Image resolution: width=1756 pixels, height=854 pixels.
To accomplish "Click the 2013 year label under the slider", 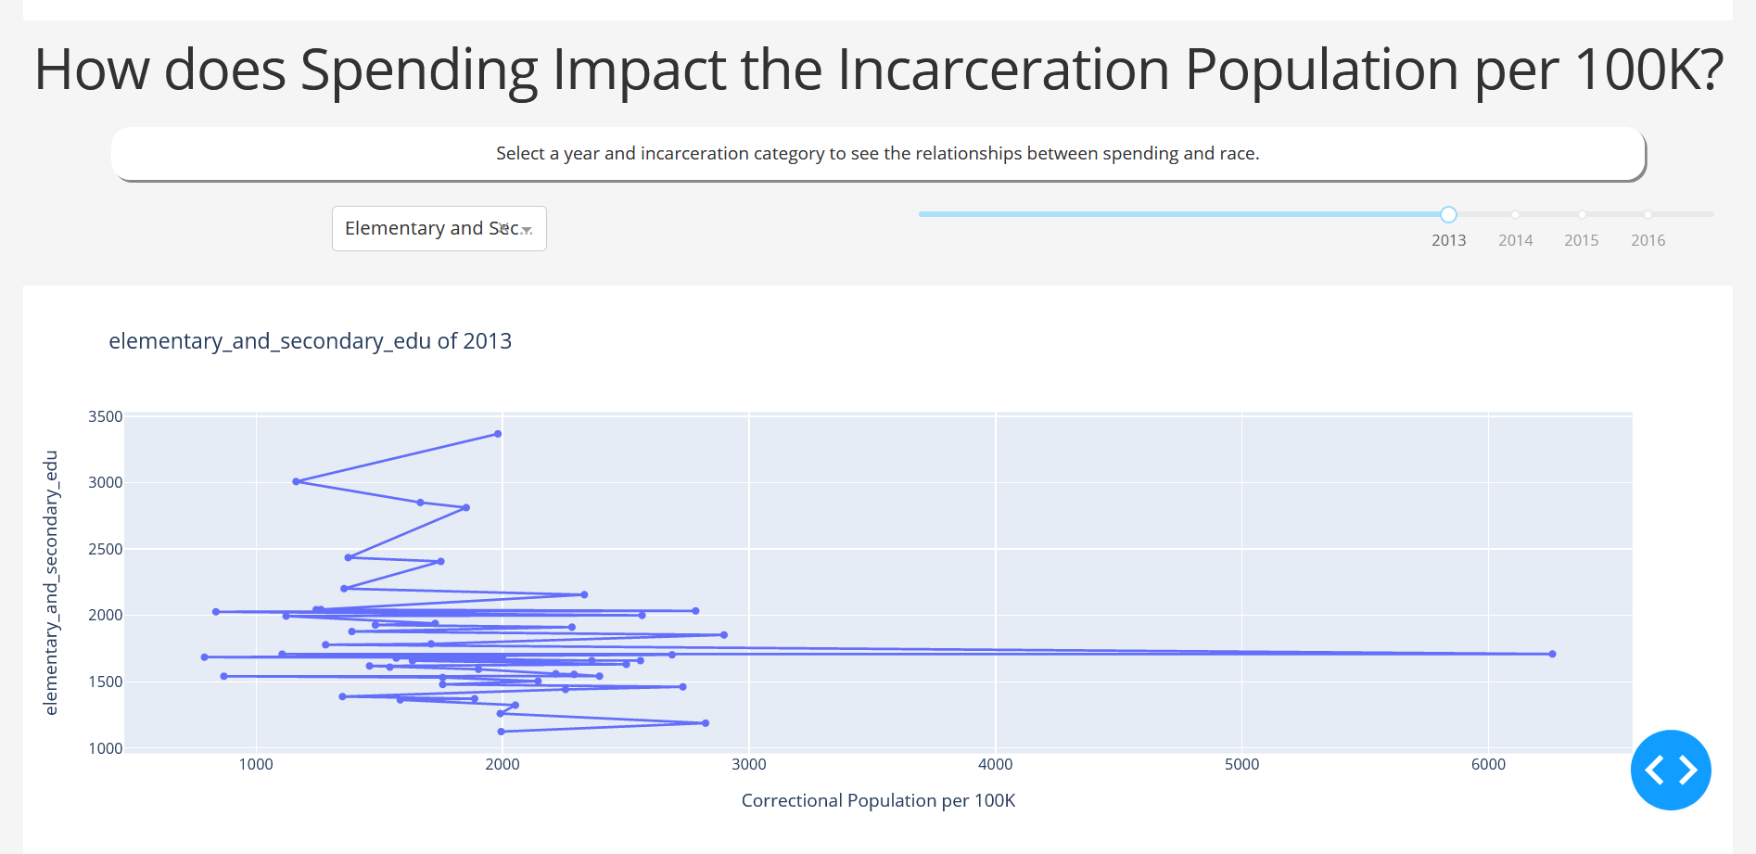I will [1448, 240].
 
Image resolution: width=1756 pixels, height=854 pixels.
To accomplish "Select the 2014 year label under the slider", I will [1515, 240].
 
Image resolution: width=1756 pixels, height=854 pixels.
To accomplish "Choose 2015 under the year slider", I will [1581, 240].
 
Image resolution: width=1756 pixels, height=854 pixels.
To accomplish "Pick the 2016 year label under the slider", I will [1648, 240].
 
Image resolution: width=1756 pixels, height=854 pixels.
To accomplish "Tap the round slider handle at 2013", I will [1448, 214].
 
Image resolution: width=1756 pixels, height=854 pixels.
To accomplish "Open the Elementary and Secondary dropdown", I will [439, 228].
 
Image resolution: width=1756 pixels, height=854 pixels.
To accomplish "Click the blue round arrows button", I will [1670, 770].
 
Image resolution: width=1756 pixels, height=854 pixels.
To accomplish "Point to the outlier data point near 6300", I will [1552, 654].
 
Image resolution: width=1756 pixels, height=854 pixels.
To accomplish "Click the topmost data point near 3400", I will [498, 434].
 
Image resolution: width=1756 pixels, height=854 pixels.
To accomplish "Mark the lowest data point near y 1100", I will [502, 732].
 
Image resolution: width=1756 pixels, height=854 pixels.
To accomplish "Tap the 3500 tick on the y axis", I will [105, 417].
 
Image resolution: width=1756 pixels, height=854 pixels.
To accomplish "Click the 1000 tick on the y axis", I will [105, 748].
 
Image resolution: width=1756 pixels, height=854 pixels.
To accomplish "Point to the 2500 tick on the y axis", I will [105, 549].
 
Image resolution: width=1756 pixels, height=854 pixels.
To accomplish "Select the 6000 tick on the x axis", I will [1488, 764].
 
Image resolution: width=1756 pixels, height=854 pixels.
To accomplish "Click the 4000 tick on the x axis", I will [995, 764].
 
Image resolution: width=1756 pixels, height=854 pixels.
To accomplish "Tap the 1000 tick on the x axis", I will [256, 764].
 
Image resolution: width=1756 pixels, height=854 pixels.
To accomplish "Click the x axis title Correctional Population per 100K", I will [878, 800].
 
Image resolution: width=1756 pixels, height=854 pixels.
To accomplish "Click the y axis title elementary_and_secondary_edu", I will [51, 582].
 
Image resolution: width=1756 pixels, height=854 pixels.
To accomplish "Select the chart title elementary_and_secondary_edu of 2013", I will [310, 341].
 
